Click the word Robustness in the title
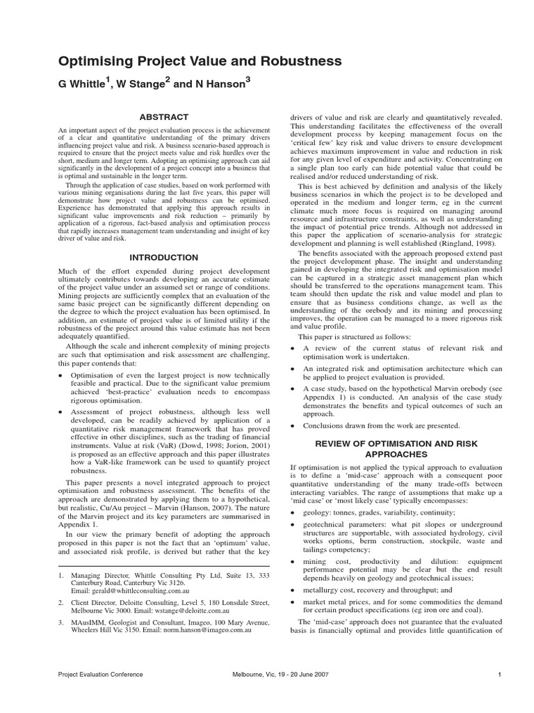[x=293, y=61]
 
